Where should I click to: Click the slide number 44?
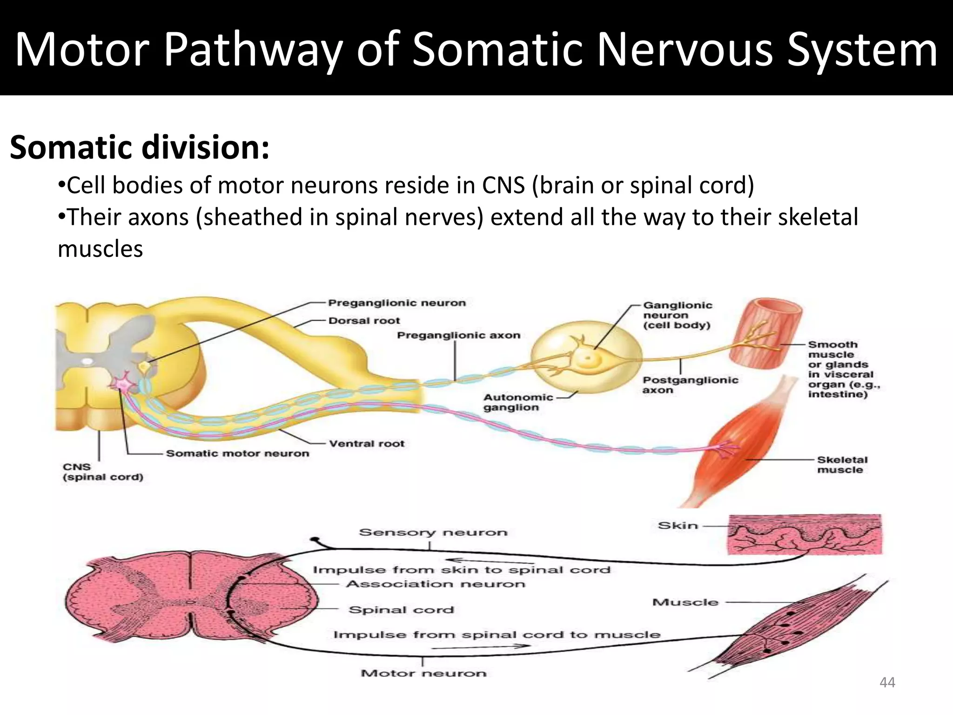tap(887, 682)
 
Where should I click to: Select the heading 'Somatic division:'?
tap(140, 148)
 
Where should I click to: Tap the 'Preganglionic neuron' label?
tap(396, 303)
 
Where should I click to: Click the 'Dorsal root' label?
tap(364, 321)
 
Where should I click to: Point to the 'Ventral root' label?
tap(367, 444)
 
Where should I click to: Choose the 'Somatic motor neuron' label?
tap(237, 453)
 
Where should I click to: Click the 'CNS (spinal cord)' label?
tap(103, 472)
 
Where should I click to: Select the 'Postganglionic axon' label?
tap(690, 385)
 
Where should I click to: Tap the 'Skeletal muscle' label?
tap(842, 465)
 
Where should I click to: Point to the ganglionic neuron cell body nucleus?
tap(588, 359)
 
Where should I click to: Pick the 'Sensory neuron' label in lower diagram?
tap(433, 533)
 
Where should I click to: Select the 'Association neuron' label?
tap(435, 584)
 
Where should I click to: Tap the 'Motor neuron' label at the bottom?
tap(423, 673)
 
